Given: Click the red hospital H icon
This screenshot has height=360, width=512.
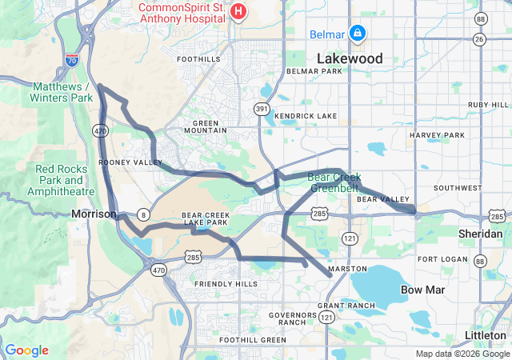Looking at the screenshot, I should (x=238, y=11).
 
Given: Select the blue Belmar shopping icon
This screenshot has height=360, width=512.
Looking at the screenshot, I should (x=358, y=34).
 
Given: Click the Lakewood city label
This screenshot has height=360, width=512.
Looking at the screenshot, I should (x=350, y=58).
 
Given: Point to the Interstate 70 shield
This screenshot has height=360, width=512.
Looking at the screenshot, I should (x=72, y=59).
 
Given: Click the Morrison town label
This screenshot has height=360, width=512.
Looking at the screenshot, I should (x=94, y=214).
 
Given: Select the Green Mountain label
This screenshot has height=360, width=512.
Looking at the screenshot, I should (x=206, y=126).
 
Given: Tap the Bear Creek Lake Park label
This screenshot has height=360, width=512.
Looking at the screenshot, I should (x=206, y=218).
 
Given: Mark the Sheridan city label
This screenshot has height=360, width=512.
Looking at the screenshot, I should (x=469, y=232).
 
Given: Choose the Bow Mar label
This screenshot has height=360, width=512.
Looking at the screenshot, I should (x=418, y=289).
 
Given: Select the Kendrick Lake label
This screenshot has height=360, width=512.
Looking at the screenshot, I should (x=306, y=116).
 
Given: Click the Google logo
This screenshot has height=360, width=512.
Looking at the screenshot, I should (x=26, y=350).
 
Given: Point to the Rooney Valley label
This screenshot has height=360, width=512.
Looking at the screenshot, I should (x=119, y=162).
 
